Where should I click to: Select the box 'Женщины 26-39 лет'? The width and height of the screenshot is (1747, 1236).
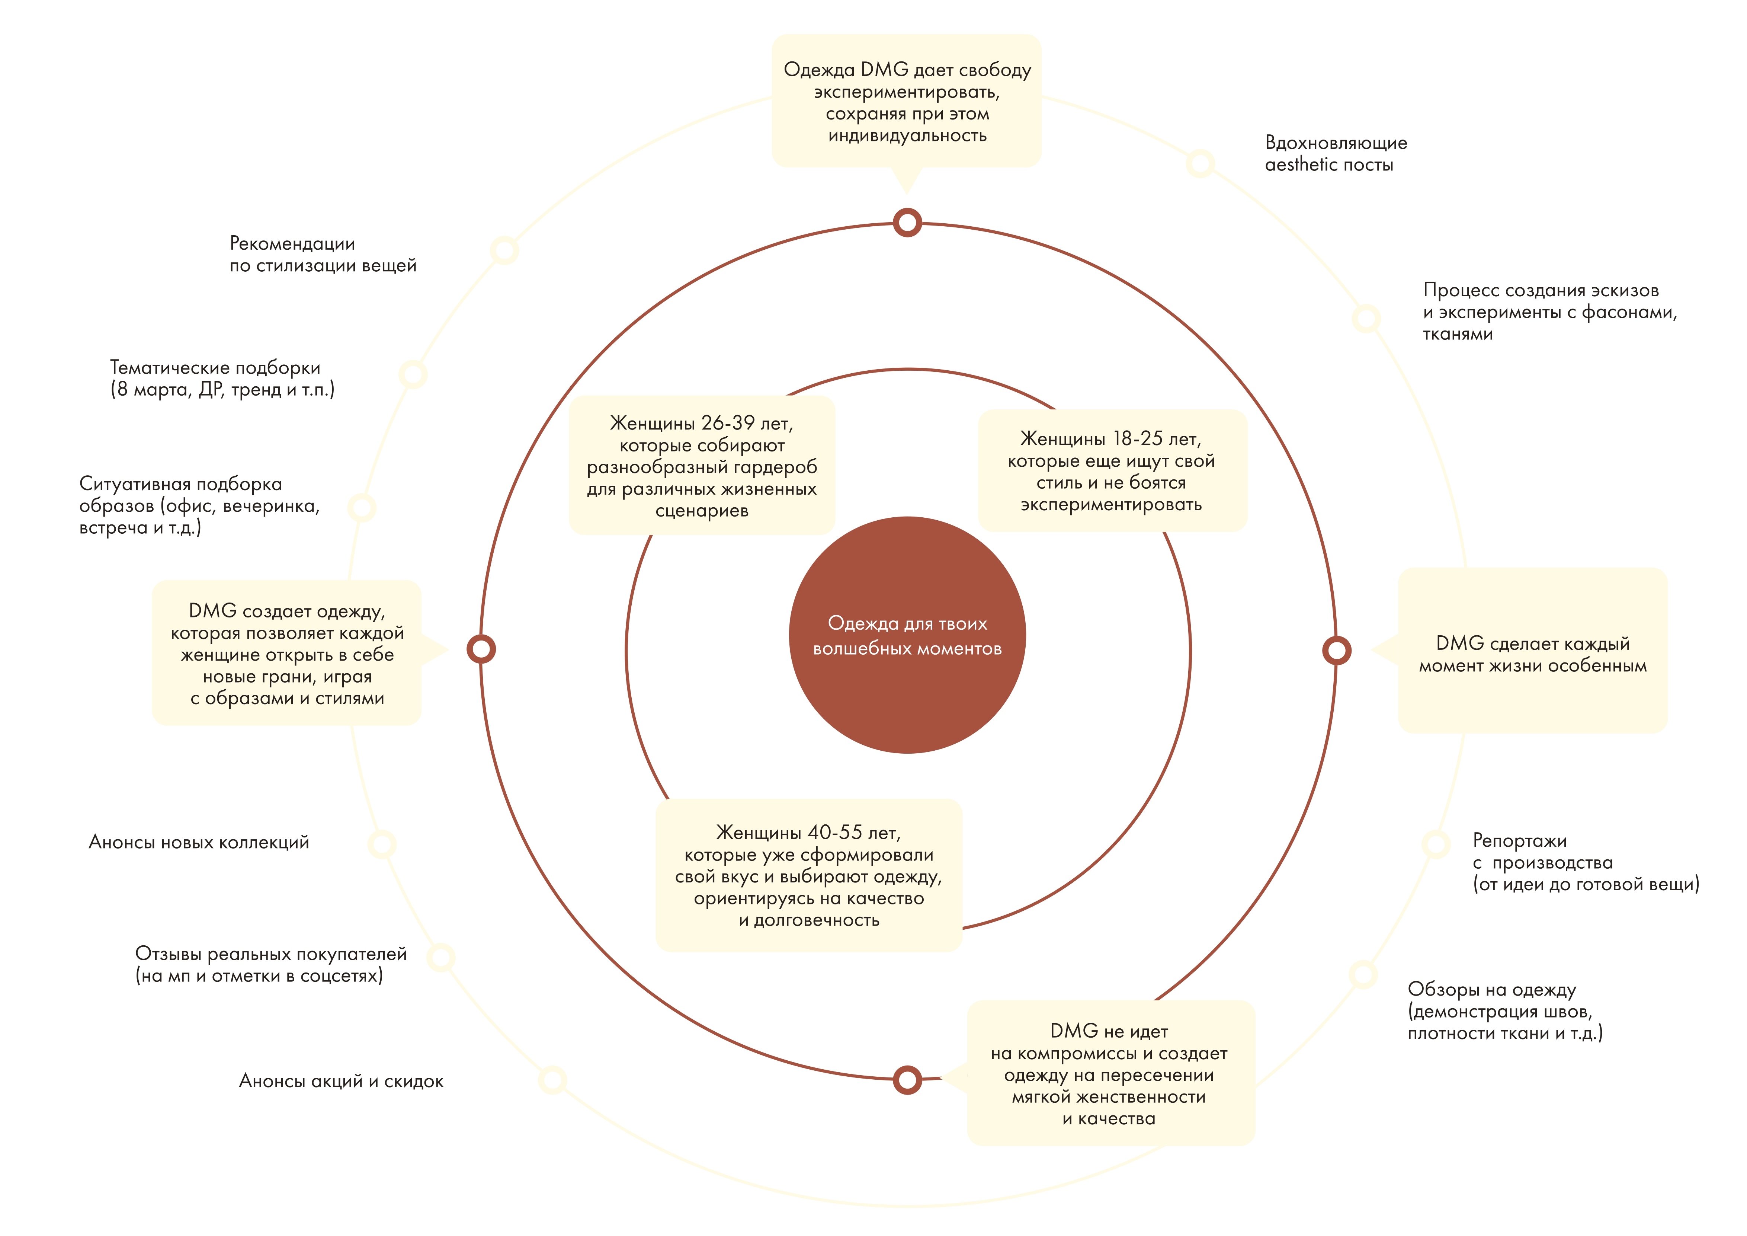(702, 466)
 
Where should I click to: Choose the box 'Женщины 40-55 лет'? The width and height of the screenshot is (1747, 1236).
(809, 875)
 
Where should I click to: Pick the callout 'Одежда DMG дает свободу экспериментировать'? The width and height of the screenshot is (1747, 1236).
(906, 101)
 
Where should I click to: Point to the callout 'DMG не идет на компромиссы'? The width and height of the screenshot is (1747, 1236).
(1109, 1074)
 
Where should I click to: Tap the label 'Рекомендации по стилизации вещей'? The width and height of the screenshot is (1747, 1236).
(323, 254)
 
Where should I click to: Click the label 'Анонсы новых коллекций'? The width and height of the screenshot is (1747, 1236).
(199, 842)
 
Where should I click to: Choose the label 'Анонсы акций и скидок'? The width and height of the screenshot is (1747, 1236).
(341, 1081)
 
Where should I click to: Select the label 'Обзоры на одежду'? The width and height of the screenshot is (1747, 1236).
(1504, 1011)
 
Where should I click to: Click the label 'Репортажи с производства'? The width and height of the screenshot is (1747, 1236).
(1585, 862)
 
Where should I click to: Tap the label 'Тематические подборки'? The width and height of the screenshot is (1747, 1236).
(222, 378)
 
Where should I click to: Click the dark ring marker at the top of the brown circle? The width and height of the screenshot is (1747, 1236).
(907, 223)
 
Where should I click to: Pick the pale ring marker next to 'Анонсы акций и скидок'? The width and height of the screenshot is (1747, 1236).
(552, 1079)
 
